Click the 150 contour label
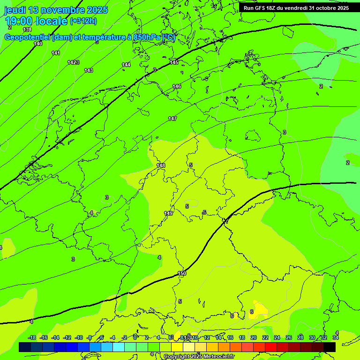coord(182,273)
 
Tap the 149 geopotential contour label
coord(168,213)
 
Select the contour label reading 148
coord(161,165)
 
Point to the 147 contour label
coord(172,119)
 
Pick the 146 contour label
coord(177,86)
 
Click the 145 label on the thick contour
coord(174,62)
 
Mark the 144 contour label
coord(126,65)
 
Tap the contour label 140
coord(38,44)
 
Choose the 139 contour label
coord(27,30)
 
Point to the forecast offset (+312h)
coord(83,21)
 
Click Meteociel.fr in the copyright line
coord(216,357)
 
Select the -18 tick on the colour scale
coord(32,337)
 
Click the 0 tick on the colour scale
coord(135,337)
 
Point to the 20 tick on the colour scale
coord(253,337)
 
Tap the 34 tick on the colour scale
coord(336,337)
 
